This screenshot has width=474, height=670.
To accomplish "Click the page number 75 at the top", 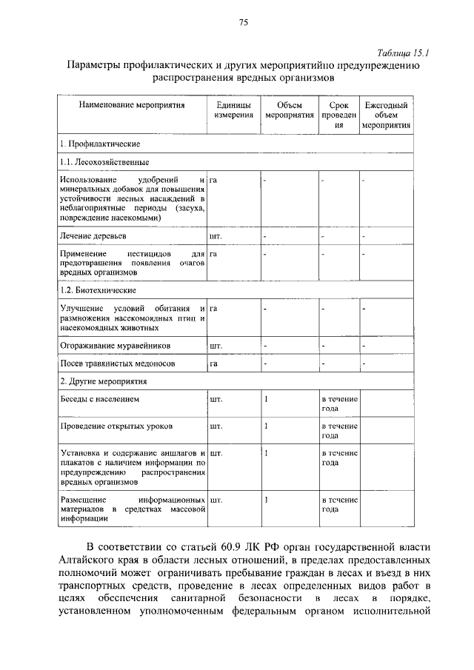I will pos(242,22).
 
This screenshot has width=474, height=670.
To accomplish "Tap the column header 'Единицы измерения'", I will pos(234,111).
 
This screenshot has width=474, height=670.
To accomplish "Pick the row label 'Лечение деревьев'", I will pos(93,236).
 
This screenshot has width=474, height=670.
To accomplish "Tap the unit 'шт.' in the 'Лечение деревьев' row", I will pos(216,236).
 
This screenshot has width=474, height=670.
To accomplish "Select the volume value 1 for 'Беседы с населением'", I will pos(266,400).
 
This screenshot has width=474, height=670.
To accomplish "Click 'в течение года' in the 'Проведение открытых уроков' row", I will pos(339,431).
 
